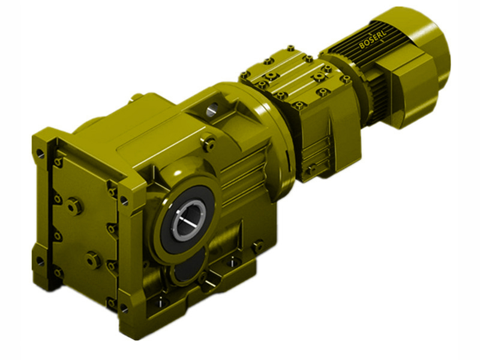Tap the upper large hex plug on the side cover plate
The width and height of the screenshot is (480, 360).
(75, 205)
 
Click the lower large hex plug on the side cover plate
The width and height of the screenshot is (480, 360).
(92, 259)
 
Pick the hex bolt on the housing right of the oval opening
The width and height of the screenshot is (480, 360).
(258, 245)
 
